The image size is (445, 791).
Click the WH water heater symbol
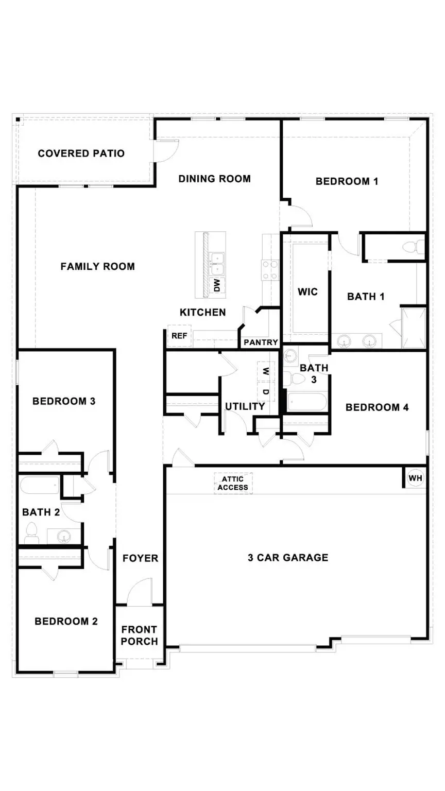point(415,478)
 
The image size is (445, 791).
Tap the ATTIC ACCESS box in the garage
point(233,484)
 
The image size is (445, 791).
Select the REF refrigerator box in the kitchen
point(179,336)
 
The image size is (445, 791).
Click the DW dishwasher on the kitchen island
point(217,285)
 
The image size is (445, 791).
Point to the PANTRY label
point(261,342)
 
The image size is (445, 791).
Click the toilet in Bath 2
point(31,533)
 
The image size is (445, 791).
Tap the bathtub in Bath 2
point(40,485)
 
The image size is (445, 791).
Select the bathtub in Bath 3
point(306,402)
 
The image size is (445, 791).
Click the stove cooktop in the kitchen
point(270,269)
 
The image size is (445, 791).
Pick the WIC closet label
point(307,292)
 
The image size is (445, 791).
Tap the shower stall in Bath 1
point(414,328)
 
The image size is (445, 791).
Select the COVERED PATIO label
point(81,153)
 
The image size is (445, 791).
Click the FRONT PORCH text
point(139,635)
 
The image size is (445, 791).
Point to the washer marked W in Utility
point(266,371)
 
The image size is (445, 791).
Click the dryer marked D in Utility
point(266,392)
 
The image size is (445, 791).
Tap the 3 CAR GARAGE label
point(287,557)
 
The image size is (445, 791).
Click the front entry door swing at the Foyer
point(140,591)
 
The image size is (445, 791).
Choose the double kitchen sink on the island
point(217,261)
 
